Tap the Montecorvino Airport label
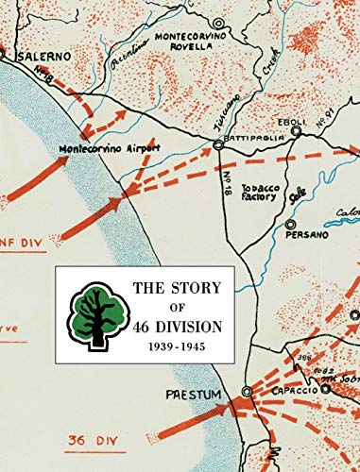point(110,148)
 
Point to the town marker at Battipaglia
point(219,144)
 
